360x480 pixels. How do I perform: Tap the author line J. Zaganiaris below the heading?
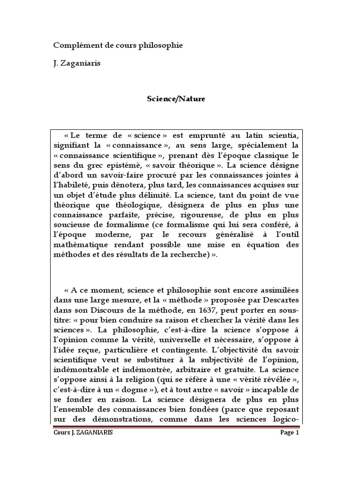pos(76,63)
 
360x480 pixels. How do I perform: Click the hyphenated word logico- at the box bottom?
pos(280,420)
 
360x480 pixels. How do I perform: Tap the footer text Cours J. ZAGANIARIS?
pos(83,433)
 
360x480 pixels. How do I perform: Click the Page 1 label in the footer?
pos(289,433)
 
